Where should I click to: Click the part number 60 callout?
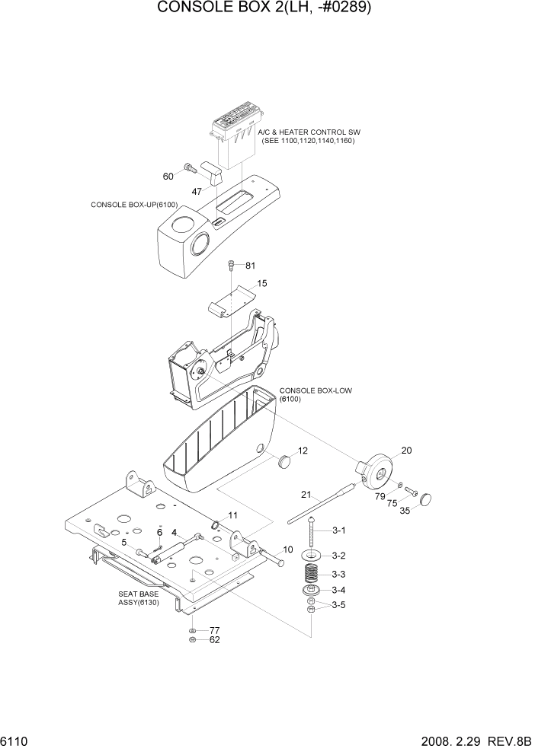click(x=168, y=177)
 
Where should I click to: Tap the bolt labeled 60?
click(x=187, y=167)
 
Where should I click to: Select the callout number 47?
click(x=197, y=192)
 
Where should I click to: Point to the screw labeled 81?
click(x=231, y=266)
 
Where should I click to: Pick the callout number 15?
click(x=261, y=283)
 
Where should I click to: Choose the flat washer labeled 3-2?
click(x=313, y=556)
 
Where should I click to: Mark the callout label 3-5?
click(x=337, y=606)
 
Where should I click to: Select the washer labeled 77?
click(x=193, y=631)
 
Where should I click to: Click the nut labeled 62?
click(x=193, y=641)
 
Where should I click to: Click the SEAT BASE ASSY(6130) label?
click(x=136, y=597)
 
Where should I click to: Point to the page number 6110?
click(x=18, y=741)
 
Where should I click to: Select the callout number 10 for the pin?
click(x=288, y=550)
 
